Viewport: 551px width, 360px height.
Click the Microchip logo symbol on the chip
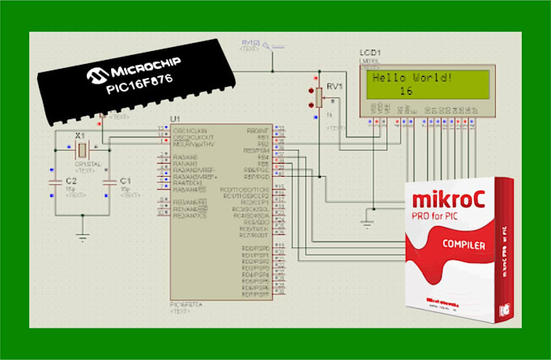(96, 75)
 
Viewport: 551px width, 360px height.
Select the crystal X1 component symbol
(81, 149)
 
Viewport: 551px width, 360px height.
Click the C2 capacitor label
(71, 180)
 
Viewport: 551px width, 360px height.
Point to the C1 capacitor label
(125, 180)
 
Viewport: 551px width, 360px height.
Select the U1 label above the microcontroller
(175, 119)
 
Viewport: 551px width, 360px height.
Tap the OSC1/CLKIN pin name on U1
(190, 131)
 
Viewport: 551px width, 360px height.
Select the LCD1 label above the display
(370, 54)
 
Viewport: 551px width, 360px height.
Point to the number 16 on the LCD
(408, 92)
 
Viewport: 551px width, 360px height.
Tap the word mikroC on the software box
(451, 199)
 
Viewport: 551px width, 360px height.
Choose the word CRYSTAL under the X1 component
(82, 164)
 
